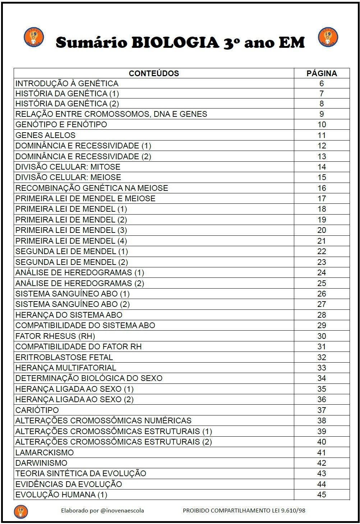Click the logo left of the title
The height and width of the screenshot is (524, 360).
(x=34, y=37)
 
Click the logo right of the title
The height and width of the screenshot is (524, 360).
(x=328, y=37)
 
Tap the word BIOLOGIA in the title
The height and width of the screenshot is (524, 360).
(x=175, y=42)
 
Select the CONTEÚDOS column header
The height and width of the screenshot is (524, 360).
(x=154, y=73)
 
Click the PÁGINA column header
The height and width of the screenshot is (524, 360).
(x=322, y=73)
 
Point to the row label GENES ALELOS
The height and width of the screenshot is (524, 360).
(x=46, y=135)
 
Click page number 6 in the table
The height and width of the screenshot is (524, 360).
(x=322, y=83)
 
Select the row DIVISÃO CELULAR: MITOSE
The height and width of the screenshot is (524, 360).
(x=68, y=167)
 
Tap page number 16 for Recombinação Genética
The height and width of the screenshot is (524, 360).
(x=322, y=188)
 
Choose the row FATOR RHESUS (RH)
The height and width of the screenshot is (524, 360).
(x=55, y=336)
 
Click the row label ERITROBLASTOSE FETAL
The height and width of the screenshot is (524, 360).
(x=64, y=357)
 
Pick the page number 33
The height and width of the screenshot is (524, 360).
(x=322, y=368)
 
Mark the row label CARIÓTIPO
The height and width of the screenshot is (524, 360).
(x=37, y=410)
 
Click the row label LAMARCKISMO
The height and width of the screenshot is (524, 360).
(x=45, y=452)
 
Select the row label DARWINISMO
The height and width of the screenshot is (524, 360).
(x=41, y=463)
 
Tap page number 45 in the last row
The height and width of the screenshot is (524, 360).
(x=322, y=495)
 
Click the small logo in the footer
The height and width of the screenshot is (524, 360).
(x=21, y=511)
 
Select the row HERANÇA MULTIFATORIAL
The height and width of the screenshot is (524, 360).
(x=66, y=368)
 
